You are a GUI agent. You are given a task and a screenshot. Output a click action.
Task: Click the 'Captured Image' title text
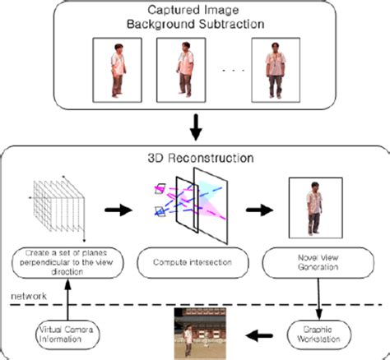[195, 12]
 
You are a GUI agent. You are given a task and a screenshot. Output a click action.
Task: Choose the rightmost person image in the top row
[275, 67]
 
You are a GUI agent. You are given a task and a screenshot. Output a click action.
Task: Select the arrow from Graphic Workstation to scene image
[264, 334]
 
